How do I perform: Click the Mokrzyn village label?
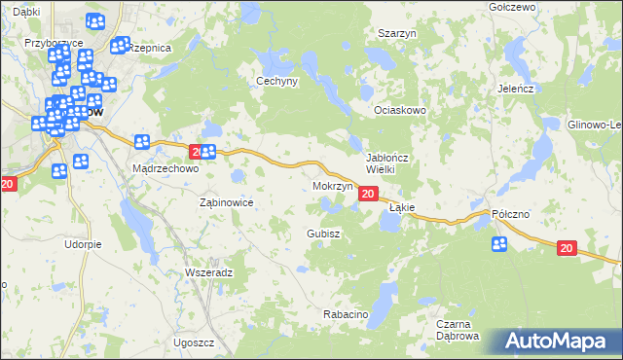click(x=333, y=185)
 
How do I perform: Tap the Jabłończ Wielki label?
click(x=386, y=162)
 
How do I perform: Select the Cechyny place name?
click(x=275, y=82)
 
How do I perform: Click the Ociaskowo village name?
click(x=402, y=111)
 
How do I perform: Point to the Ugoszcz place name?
click(x=193, y=343)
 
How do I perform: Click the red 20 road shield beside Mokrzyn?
click(x=367, y=195)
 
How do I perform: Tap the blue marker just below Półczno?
click(x=499, y=244)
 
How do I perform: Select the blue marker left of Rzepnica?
click(x=121, y=45)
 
